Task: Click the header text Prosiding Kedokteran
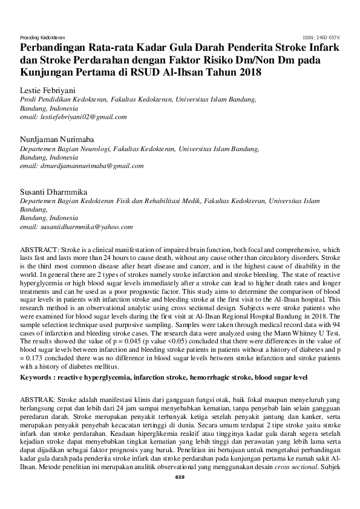[x=42, y=37]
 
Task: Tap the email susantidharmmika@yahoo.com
[x=76, y=227]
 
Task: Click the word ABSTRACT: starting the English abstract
[x=39, y=249]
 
